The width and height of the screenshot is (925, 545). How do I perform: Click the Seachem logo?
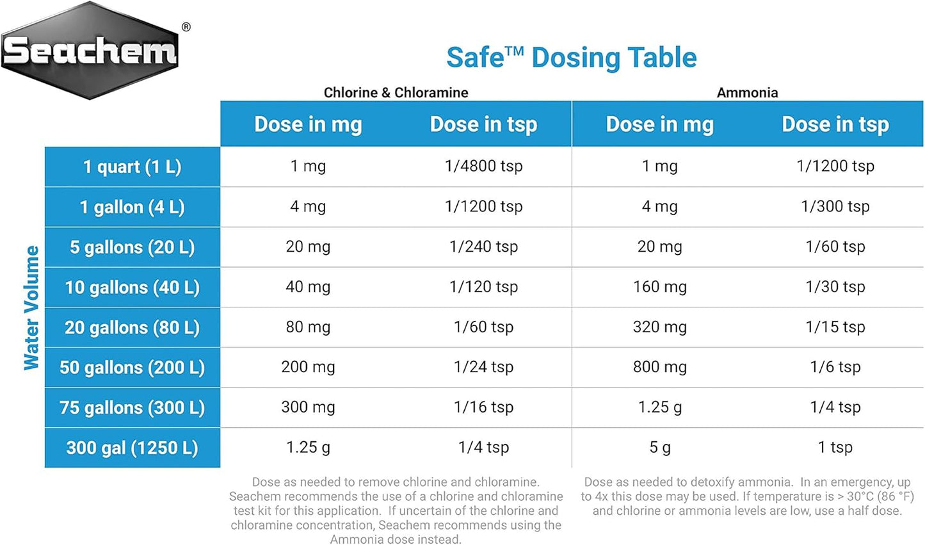[90, 51]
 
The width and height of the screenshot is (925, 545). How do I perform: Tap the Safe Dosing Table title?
[571, 58]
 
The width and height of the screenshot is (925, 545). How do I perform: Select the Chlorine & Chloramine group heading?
[396, 93]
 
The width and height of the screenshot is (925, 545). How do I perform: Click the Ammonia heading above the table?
[747, 93]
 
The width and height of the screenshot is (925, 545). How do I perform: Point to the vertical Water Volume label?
[31, 307]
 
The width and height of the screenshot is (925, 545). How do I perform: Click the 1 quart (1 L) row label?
[133, 167]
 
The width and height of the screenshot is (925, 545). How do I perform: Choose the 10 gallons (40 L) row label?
[133, 288]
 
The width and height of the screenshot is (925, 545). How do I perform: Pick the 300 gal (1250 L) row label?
[133, 448]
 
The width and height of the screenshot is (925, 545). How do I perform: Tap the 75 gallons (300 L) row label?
[133, 407]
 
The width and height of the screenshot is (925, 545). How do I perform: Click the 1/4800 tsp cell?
[483, 167]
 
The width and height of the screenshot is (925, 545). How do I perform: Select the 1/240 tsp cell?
[483, 247]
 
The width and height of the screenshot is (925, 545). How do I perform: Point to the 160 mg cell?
[659, 287]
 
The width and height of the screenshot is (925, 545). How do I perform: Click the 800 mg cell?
[659, 367]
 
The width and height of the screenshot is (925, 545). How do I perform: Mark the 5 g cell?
[659, 448]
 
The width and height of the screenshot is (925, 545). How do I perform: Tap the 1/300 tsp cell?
[835, 206]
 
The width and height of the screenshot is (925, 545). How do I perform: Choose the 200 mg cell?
[308, 367]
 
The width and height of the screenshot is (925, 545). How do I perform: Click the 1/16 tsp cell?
[483, 407]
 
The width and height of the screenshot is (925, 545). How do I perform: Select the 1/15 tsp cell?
[835, 327]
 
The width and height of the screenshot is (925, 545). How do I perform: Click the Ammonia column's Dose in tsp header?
[835, 124]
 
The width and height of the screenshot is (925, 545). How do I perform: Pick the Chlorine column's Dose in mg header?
[308, 124]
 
